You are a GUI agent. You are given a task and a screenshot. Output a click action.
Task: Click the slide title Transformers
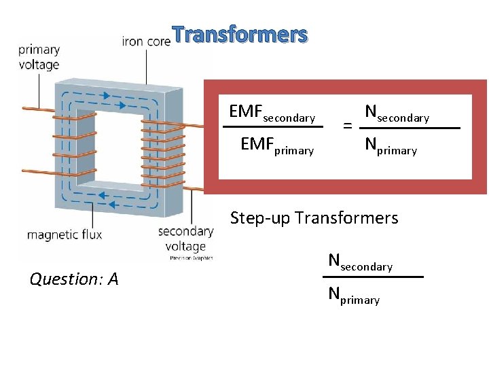pos(239,34)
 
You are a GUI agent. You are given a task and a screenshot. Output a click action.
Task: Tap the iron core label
pos(145,41)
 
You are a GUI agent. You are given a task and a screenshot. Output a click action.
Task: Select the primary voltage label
pos(39,58)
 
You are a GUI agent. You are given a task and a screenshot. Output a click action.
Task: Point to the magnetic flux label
pos(65,235)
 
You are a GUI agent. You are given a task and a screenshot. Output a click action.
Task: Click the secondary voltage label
pos(185,237)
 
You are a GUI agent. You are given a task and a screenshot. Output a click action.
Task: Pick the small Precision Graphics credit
pos(191,258)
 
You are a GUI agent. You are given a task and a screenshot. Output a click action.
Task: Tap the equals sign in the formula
pos(347,126)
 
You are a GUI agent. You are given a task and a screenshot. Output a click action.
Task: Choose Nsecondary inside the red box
pos(397,113)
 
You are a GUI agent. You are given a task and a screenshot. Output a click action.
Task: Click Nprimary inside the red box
pos(391,145)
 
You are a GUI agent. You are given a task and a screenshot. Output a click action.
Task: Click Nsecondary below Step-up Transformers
pos(360,262)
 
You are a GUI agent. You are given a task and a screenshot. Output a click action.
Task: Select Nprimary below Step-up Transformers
pos(354,296)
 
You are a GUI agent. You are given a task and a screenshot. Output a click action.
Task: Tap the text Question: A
pos(74,279)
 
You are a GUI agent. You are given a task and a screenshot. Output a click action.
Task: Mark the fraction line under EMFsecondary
pos(272,128)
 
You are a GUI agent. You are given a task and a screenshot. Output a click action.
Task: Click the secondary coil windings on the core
pos(163,146)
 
